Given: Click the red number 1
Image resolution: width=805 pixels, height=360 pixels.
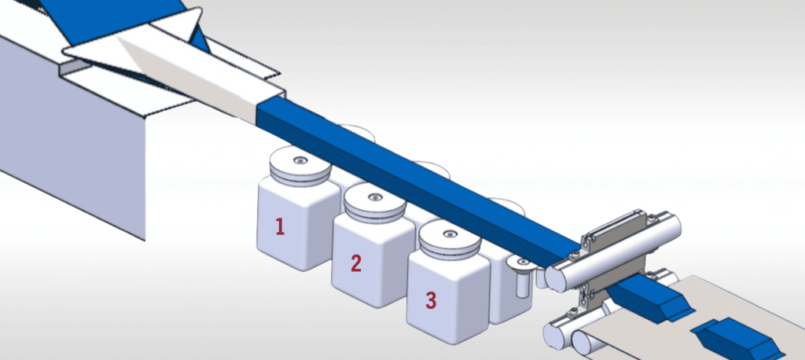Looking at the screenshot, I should (x=278, y=226).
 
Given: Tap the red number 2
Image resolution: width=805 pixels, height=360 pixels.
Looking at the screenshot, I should (x=355, y=263).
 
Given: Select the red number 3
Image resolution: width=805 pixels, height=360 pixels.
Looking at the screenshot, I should (x=430, y=299).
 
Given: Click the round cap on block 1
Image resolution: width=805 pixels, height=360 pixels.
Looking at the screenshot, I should (x=299, y=167).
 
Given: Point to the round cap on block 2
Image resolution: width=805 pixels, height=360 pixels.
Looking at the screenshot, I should (x=374, y=203).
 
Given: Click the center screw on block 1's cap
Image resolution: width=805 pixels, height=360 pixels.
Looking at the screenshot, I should (x=300, y=160).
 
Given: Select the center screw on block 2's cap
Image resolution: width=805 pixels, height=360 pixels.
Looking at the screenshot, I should (x=374, y=196).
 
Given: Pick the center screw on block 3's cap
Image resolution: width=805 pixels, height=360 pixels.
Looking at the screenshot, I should (x=449, y=233).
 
